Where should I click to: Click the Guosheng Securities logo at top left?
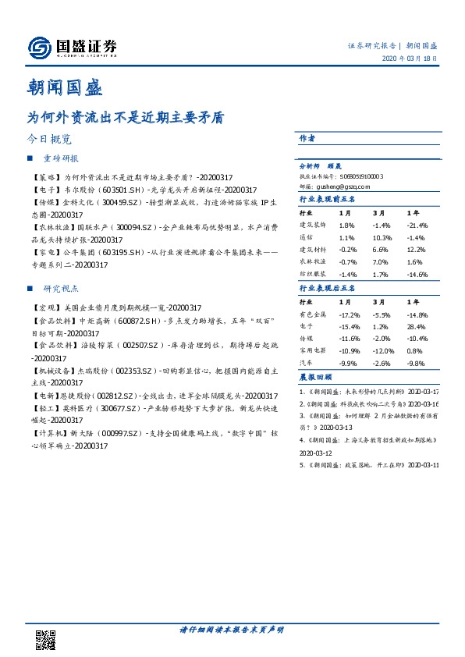pyautogui.click(x=72, y=48)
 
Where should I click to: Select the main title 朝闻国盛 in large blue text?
pyautogui.click(x=65, y=86)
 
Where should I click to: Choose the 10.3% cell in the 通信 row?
pyautogui.click(x=381, y=237)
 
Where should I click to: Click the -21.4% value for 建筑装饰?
pyautogui.click(x=417, y=225)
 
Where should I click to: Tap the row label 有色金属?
pyautogui.click(x=313, y=314)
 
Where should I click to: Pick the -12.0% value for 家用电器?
pyautogui.click(x=382, y=351)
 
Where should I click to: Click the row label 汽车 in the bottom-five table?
pyautogui.click(x=307, y=364)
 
